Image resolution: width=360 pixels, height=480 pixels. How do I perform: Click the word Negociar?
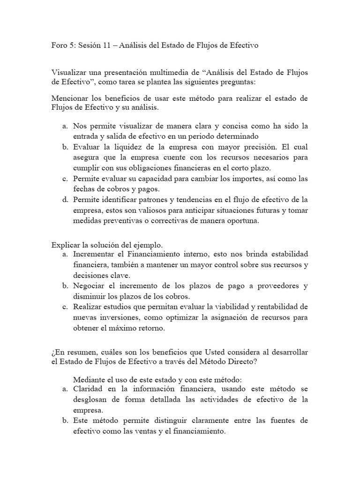click(x=90, y=285)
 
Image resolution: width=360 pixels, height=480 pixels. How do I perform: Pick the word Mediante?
click(x=89, y=379)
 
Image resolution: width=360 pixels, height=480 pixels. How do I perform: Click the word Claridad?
click(x=89, y=389)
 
